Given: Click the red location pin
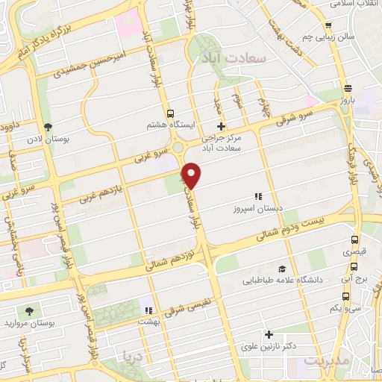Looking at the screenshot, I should click(192, 175).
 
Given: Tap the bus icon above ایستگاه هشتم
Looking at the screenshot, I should click(172, 113).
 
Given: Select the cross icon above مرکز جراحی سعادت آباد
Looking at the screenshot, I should click(220, 126).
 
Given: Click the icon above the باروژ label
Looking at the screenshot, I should click(346, 87).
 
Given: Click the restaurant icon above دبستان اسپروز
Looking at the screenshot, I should click(259, 176).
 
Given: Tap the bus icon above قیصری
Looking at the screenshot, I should click(354, 240).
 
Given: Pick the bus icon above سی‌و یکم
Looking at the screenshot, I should click(354, 295).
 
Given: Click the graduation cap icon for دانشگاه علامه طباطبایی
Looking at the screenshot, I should click(282, 269).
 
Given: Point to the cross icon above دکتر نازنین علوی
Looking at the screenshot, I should click(269, 335).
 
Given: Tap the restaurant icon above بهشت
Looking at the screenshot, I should click(148, 310).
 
